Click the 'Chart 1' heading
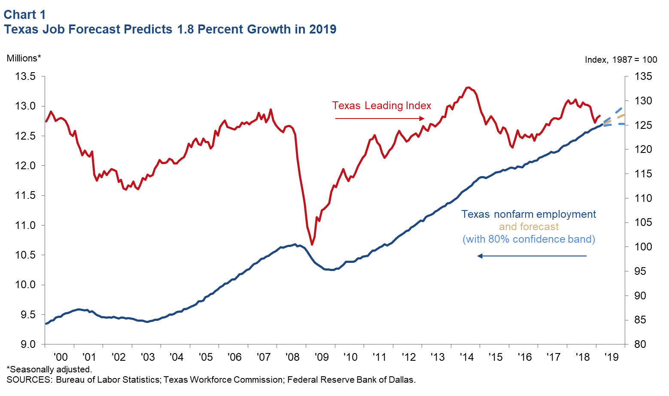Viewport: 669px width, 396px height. click(25, 15)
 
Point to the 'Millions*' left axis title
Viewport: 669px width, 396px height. click(24, 58)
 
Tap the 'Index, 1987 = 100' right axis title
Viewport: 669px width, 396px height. click(621, 60)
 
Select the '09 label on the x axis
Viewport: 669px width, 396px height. click(321, 357)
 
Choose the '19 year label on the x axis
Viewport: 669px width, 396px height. click(611, 357)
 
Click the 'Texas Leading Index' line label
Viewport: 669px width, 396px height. click(381, 106)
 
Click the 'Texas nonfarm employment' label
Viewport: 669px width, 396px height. click(529, 214)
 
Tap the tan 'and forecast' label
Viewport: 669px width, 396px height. click(529, 227)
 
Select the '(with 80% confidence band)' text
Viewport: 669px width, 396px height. click(529, 239)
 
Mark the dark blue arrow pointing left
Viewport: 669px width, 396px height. click(532, 256)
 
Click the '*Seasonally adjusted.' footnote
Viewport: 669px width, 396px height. click(49, 369)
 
